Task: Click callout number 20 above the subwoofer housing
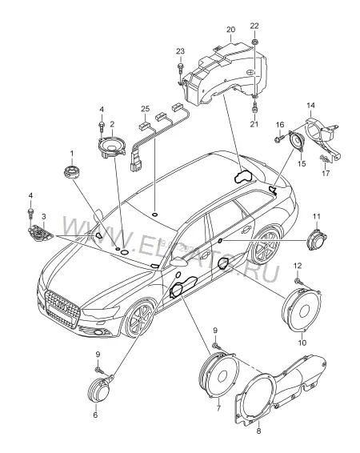point(230,30)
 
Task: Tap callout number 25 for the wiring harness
point(146,109)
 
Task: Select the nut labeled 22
point(254,42)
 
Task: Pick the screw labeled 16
point(278,139)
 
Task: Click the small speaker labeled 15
point(297,142)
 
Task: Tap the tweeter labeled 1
point(71,172)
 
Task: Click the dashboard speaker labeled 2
point(112,146)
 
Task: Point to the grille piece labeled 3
point(41,234)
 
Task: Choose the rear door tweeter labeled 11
point(317,239)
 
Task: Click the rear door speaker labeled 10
point(301,311)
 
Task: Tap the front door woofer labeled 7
point(218,375)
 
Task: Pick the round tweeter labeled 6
point(98,390)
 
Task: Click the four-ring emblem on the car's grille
point(62,304)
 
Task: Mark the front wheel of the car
point(139,317)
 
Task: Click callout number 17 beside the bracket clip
point(326,173)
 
